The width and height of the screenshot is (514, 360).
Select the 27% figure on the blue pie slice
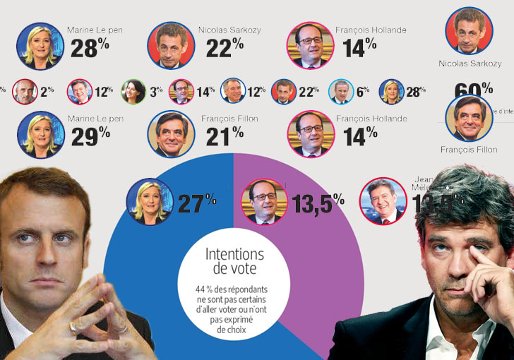tap(196, 204)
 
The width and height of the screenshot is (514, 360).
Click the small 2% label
tap(47, 91)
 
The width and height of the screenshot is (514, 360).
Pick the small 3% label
tap(156, 91)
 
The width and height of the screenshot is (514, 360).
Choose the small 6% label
tap(363, 91)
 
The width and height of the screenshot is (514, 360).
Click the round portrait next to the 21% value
tap(171, 134)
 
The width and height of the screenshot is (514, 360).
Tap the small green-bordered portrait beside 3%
tap(133, 91)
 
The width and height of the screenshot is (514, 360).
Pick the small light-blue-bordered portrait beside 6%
tap(340, 91)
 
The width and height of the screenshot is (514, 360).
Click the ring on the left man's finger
tap(73, 326)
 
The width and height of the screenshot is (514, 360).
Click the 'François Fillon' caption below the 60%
tap(469, 150)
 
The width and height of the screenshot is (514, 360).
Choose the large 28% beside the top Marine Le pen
tap(90, 47)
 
